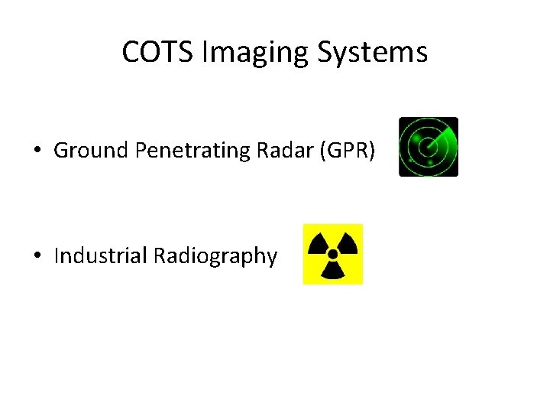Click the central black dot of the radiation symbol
click(333, 254)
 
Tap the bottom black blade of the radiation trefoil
click(333, 271)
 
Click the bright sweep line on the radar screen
click(437, 138)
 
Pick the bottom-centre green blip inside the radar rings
click(430, 163)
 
